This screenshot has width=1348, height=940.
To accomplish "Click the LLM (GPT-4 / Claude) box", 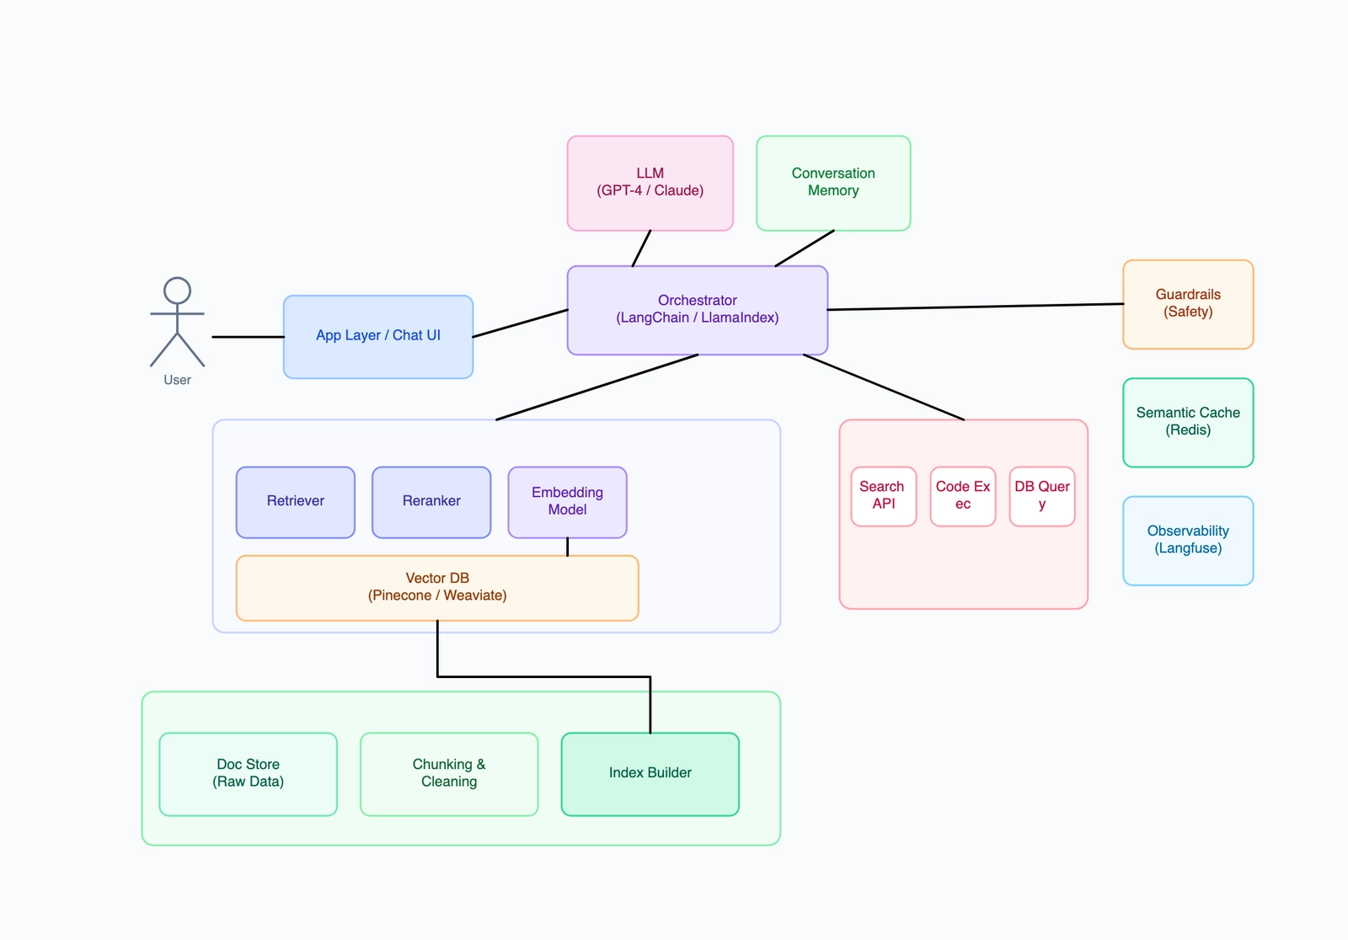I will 650,183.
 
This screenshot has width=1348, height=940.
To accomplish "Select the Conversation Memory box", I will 833,183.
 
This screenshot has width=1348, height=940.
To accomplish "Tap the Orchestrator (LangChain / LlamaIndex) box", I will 697,310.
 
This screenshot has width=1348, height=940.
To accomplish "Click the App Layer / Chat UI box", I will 377,336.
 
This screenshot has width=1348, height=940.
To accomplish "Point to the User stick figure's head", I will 177,291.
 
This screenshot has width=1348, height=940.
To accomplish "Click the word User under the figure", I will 177,380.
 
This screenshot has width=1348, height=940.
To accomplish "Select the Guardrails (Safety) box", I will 1188,304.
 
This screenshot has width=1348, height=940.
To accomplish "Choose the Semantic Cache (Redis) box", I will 1188,422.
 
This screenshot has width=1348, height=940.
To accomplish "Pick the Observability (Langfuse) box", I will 1188,540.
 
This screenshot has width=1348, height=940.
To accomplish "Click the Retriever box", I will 295,502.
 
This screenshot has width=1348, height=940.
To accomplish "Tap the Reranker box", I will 431,502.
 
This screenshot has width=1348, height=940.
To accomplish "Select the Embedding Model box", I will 567,502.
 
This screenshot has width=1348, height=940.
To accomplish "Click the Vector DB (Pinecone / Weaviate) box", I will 436,588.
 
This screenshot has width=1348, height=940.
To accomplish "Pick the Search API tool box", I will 883,496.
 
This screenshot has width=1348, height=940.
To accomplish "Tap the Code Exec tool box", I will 962,496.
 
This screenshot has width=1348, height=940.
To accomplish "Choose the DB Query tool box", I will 1041,496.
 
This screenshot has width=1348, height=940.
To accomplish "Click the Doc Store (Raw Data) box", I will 248,773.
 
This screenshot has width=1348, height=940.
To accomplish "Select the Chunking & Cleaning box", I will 448,773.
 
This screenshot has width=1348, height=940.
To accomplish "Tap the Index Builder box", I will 650,773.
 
